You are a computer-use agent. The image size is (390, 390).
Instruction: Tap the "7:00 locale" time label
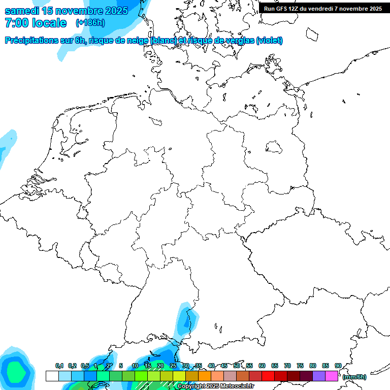tap(36, 23)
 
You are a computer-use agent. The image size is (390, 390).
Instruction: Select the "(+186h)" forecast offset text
tap(90, 23)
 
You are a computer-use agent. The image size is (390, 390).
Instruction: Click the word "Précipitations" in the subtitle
tap(32, 41)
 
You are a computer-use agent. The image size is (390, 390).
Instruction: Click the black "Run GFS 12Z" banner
tap(323, 8)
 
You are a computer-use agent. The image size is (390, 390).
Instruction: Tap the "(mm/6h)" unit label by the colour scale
tap(354, 377)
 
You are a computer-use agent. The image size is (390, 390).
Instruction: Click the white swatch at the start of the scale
tap(52, 376)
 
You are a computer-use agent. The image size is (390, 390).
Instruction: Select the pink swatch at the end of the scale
tap(332, 376)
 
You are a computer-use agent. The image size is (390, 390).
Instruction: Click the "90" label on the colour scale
tap(338, 366)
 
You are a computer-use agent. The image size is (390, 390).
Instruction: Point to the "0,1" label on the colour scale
tap(59, 366)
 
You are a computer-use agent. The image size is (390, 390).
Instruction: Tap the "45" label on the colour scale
tap(224, 366)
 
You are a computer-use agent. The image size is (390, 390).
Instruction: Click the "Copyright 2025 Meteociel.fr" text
tap(215, 386)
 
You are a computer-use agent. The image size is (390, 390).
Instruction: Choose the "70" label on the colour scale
tap(287, 366)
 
